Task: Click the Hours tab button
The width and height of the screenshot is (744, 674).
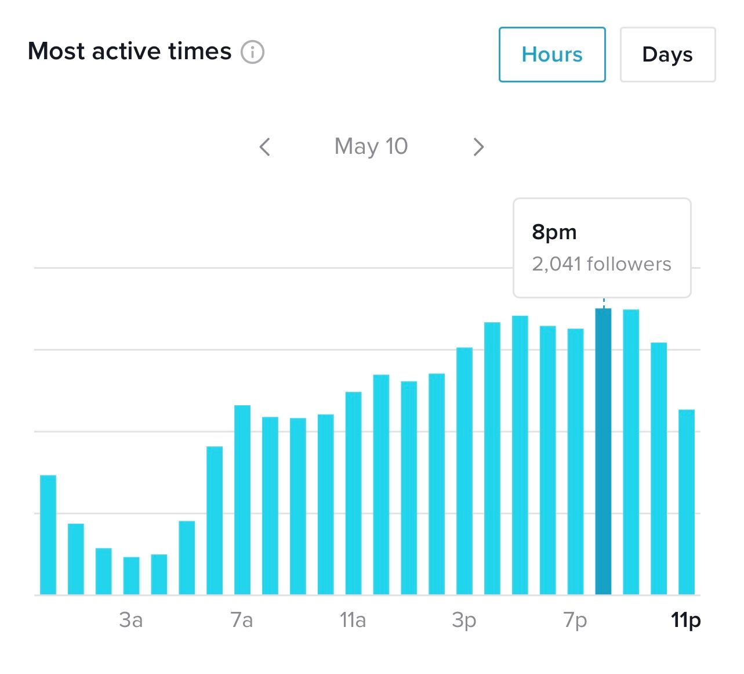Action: point(551,55)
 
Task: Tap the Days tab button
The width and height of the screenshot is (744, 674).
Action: point(667,55)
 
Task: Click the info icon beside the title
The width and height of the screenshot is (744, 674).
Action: point(253,52)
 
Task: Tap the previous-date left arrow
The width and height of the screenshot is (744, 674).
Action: point(265,147)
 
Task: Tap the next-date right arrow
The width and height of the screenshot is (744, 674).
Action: point(478,147)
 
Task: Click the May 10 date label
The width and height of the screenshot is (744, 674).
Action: point(371,146)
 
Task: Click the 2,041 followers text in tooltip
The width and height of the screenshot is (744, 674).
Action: point(601,264)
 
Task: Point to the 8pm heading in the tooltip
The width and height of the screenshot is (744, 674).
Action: point(554,232)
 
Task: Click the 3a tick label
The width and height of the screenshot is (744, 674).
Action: point(131,620)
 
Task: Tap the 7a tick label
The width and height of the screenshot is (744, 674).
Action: point(242,620)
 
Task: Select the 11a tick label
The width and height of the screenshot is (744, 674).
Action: point(353,620)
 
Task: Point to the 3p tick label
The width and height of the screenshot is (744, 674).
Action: point(464,620)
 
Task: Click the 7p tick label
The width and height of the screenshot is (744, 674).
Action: point(575,620)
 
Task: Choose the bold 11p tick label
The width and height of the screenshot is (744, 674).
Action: point(686,620)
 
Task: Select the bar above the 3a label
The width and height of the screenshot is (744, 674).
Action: point(131,575)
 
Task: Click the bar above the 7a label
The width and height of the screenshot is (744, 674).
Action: point(242,499)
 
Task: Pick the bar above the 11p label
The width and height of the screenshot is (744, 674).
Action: point(687,502)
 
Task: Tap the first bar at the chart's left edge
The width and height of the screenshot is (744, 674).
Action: point(48,535)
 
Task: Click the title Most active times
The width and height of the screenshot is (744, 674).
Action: point(130,51)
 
